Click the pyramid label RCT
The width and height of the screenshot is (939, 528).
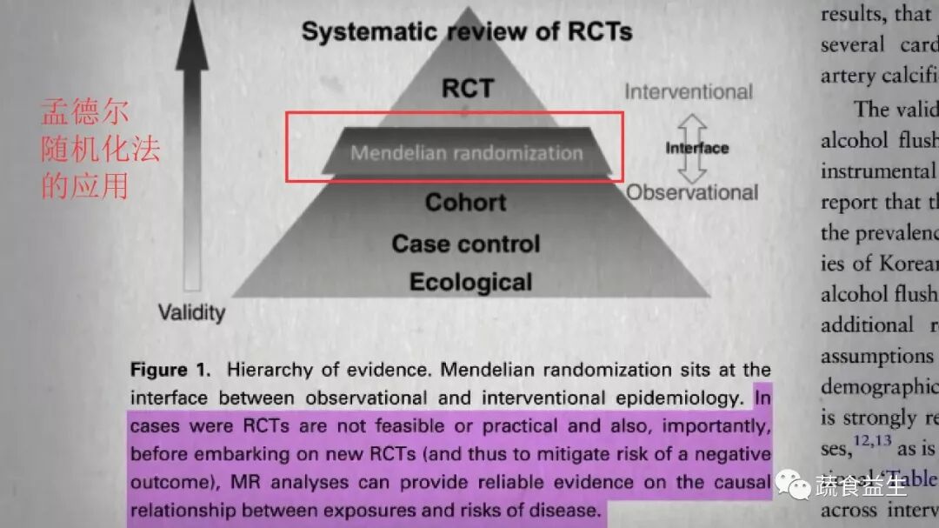[468, 88]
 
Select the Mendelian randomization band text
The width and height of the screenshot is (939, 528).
[466, 153]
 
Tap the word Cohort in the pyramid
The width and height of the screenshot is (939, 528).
[465, 203]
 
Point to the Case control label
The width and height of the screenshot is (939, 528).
[465, 244]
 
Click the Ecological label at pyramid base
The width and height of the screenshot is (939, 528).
[470, 283]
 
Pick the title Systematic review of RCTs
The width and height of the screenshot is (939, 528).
[466, 33]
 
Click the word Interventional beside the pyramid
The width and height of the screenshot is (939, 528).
[689, 91]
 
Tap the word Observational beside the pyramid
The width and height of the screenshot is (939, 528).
[692, 192]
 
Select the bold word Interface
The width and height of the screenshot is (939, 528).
[697, 148]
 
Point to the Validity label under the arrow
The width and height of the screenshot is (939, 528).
[191, 311]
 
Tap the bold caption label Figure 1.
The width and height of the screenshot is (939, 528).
[170, 370]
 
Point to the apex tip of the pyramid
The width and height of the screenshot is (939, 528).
[468, 9]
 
